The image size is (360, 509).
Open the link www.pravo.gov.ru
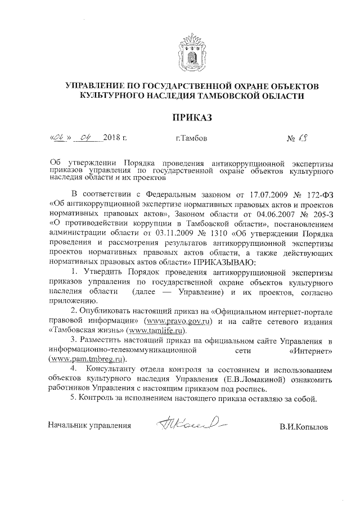178,321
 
